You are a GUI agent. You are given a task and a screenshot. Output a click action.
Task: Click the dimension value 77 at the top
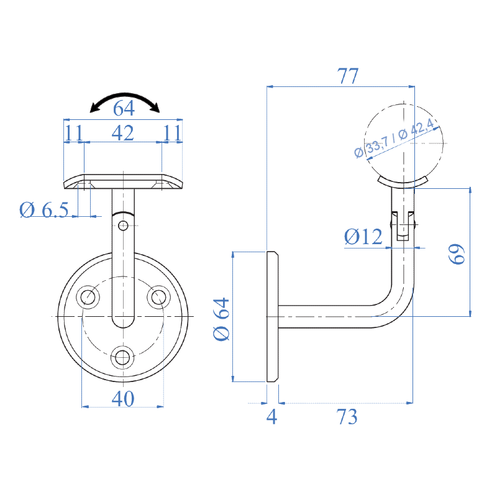point(348,76)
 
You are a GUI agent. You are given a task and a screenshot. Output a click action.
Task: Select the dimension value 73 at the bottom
point(348,417)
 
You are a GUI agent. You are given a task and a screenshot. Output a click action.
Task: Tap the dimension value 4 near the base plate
point(271,417)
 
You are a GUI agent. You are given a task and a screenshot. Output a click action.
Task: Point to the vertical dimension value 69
point(458,254)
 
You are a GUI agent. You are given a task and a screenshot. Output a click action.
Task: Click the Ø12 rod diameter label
point(363,237)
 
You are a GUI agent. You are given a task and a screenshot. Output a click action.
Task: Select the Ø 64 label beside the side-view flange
point(222,319)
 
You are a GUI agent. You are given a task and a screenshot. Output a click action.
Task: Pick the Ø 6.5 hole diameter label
point(43,210)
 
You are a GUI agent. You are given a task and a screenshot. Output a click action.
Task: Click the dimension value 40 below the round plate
point(123,399)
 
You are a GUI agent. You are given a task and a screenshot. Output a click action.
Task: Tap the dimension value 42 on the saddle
point(122,132)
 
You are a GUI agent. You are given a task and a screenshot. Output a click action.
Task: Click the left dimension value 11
point(73,132)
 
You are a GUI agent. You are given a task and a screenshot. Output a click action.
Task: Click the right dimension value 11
point(172,132)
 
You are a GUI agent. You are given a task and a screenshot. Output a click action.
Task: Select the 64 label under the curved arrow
point(124,109)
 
